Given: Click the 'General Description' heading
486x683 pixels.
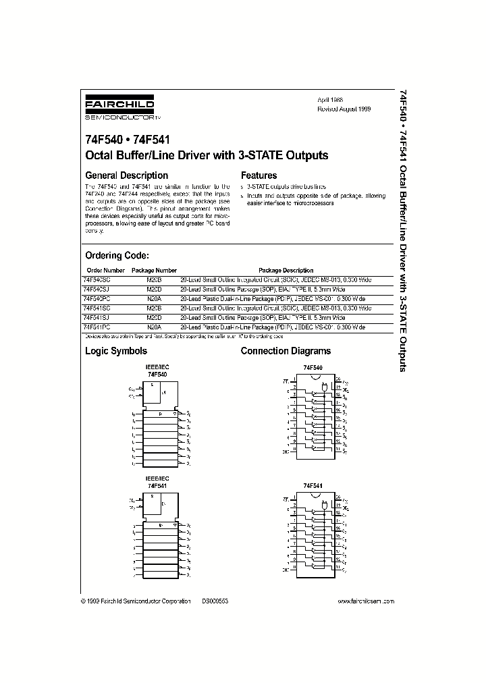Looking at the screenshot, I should (x=126, y=175).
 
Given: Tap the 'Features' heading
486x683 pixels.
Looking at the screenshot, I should (x=259, y=175).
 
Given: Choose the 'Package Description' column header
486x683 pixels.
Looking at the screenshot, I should (x=286, y=270).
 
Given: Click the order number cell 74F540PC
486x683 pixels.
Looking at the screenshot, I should (x=98, y=298).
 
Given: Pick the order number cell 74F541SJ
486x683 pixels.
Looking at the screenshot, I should (x=98, y=317).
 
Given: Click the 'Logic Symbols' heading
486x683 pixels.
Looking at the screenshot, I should (x=115, y=351).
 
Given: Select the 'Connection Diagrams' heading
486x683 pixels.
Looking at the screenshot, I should (x=286, y=351).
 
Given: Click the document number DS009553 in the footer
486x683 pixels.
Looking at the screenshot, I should (x=215, y=601).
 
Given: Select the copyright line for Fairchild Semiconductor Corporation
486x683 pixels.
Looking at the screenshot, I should (x=134, y=601).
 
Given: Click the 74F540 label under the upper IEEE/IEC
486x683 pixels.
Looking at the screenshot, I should (x=157, y=373).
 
